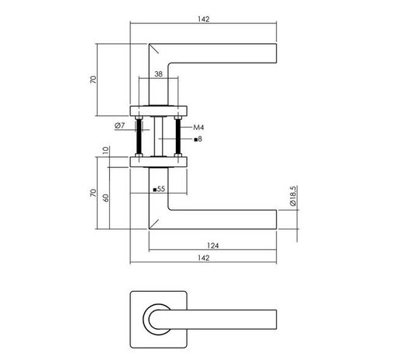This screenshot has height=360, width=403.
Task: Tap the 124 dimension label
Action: click(213, 245)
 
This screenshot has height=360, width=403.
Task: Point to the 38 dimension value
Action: click(158, 76)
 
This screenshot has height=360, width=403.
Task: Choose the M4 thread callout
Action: click(198, 126)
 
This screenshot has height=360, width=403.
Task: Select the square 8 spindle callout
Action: click(198, 139)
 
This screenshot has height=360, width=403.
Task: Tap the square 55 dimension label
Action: click(159, 189)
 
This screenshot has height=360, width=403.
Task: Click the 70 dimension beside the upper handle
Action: click(93, 81)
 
